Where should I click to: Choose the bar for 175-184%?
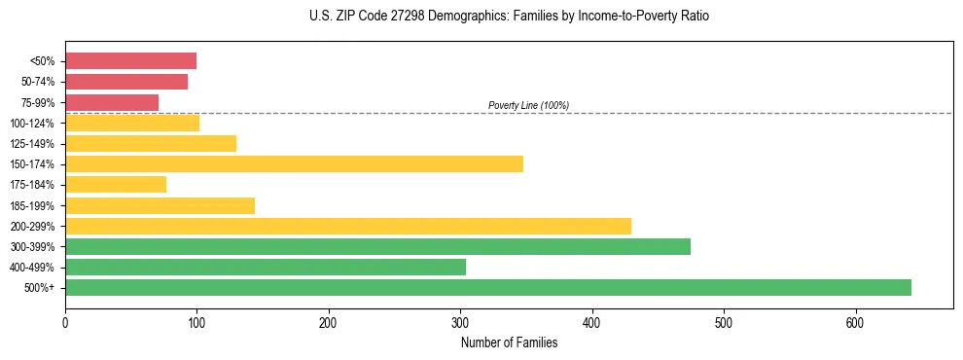pyautogui.click(x=116, y=184)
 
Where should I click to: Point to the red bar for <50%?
pyautogui.click(x=130, y=61)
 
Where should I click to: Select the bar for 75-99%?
pyautogui.click(x=112, y=102)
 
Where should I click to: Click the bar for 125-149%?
pyautogui.click(x=151, y=143)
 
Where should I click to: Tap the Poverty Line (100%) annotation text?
pyautogui.click(x=528, y=105)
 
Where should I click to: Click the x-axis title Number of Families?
pyautogui.click(x=509, y=342)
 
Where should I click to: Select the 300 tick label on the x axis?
pyautogui.click(x=460, y=322)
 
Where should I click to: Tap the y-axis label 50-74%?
pyautogui.click(x=37, y=82)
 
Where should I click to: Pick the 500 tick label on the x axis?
pyautogui.click(x=724, y=322)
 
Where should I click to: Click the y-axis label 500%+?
pyautogui.click(x=41, y=287)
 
